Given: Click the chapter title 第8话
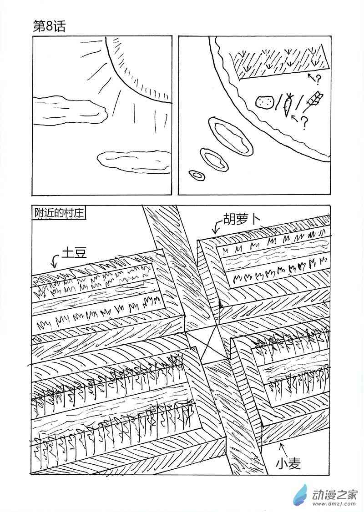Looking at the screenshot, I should pyautogui.click(x=50, y=26).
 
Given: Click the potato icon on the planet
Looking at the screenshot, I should pyautogui.click(x=264, y=102).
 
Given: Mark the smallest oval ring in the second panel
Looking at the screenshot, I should pyautogui.click(x=197, y=175).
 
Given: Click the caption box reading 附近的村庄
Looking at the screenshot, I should pyautogui.click(x=59, y=213).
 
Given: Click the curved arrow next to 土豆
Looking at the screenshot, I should pyautogui.click(x=56, y=261).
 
